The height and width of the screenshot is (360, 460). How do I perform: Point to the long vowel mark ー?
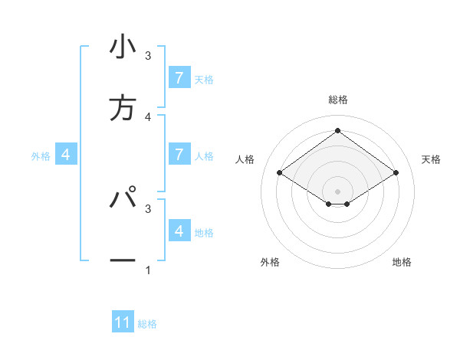pos(123,261)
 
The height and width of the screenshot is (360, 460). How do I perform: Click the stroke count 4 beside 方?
pos(148,117)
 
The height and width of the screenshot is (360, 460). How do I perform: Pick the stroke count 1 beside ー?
pos(148,270)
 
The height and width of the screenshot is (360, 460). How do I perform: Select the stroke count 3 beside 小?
pos(148,56)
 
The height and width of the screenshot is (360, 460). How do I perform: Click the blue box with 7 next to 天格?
pos(179,77)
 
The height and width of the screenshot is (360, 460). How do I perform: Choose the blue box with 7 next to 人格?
pos(179,154)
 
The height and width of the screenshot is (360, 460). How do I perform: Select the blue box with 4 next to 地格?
pos(179,231)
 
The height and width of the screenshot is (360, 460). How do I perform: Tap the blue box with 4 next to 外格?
pos(66,155)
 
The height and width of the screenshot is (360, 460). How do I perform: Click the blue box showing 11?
pos(123,322)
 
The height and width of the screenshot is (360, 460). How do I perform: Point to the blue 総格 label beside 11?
pos(147,324)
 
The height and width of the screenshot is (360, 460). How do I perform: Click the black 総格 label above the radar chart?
pos(338,100)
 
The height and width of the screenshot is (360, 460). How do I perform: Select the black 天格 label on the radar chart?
pos(431,159)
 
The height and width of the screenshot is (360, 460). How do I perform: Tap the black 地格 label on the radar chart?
pos(402,262)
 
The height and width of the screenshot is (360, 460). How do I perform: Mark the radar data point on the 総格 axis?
pos(337,130)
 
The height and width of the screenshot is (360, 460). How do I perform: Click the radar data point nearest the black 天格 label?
pos(396,173)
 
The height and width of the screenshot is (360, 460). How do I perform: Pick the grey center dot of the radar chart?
pos(337,191)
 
